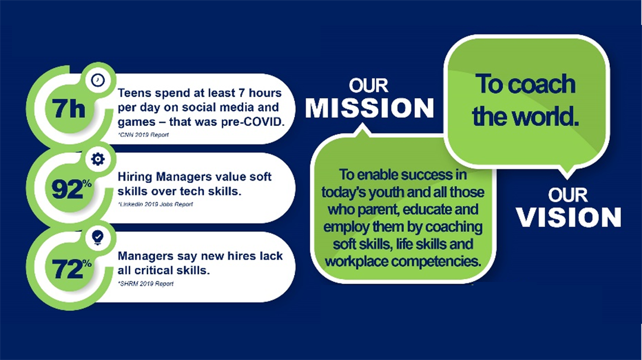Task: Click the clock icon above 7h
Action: point(98,80)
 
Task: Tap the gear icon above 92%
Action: point(98,159)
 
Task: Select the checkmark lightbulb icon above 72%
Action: point(98,237)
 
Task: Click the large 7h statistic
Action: point(68,109)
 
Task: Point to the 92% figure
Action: point(71,188)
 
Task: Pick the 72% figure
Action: point(71,269)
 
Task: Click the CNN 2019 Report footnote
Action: point(143,135)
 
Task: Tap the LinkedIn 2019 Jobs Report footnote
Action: point(155,204)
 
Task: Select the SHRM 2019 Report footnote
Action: point(146,283)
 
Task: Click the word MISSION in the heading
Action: point(369,108)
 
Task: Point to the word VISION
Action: point(568,217)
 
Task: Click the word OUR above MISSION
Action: point(369,86)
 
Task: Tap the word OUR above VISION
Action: point(568,195)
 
